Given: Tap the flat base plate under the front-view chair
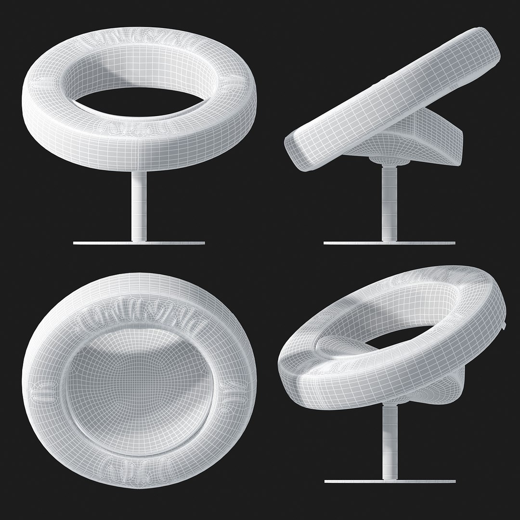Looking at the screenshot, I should (x=139, y=243).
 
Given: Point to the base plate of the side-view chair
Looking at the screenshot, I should (x=389, y=243).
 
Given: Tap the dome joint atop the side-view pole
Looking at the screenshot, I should (x=385, y=161).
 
